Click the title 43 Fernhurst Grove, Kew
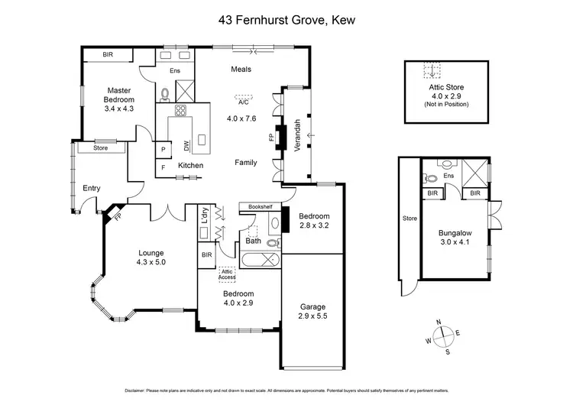click(x=286, y=21)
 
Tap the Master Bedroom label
click(x=120, y=100)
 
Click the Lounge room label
click(x=151, y=258)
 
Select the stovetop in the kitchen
click(x=181, y=112)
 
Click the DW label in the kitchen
click(x=186, y=145)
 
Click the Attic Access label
click(x=226, y=274)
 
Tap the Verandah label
click(x=298, y=135)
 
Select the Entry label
click(x=91, y=188)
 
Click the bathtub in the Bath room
click(x=260, y=261)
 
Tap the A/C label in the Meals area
click(x=243, y=101)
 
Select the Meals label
click(x=241, y=70)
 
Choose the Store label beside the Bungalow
click(x=410, y=219)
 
